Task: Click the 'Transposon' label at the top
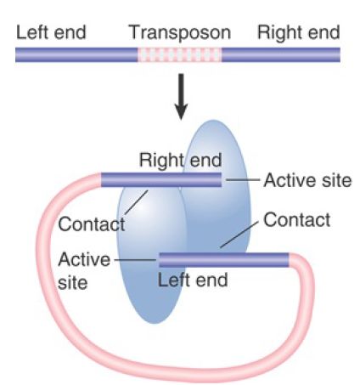[180, 33]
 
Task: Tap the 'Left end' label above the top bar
[51, 32]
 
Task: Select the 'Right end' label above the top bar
[299, 33]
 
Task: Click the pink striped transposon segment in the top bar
[180, 54]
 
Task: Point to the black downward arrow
[181, 97]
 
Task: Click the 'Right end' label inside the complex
[181, 161]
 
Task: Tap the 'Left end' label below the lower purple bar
[193, 280]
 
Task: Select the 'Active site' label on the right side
[307, 180]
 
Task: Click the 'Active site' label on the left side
[84, 271]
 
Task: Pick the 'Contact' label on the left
[92, 224]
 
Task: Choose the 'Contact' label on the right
[297, 220]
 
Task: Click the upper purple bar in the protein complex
[161, 180]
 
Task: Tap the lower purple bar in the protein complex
[224, 260]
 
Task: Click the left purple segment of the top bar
[76, 54]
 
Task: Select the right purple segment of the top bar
[281, 54]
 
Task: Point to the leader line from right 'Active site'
[243, 179]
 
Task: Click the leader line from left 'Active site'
[135, 259]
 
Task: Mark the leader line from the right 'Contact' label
[239, 235]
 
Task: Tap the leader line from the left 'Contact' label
[136, 202]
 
